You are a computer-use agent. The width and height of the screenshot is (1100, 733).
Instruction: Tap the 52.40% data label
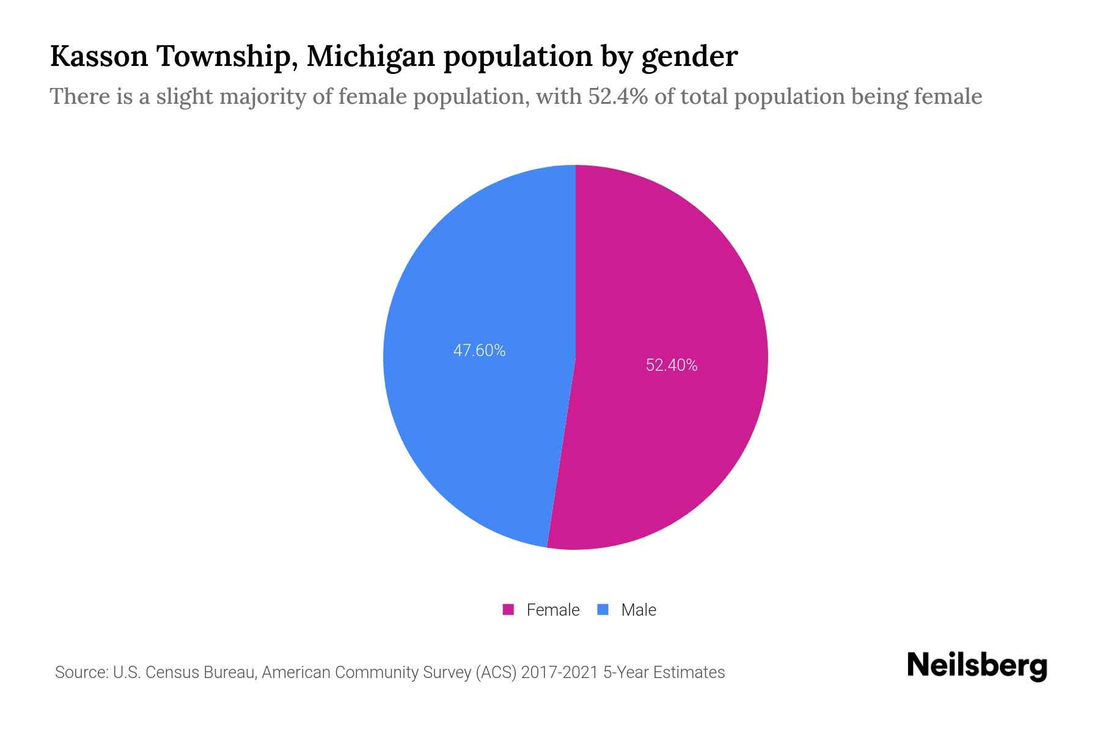[x=672, y=365]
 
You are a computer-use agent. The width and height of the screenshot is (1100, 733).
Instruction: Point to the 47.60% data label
[x=479, y=351]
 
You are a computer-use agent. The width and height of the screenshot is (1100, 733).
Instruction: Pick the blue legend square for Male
[x=603, y=610]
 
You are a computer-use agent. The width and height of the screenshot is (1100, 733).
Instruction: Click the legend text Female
[x=552, y=610]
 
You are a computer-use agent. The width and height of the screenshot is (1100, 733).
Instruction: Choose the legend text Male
[x=638, y=610]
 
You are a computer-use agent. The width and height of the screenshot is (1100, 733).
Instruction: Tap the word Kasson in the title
[x=99, y=56]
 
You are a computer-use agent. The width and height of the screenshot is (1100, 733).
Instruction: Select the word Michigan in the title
[x=371, y=56]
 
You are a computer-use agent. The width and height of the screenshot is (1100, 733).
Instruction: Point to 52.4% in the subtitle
[x=618, y=97]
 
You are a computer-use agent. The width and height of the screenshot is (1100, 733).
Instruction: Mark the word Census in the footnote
[x=172, y=673]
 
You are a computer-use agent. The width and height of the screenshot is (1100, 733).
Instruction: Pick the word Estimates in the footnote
[x=689, y=673]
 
